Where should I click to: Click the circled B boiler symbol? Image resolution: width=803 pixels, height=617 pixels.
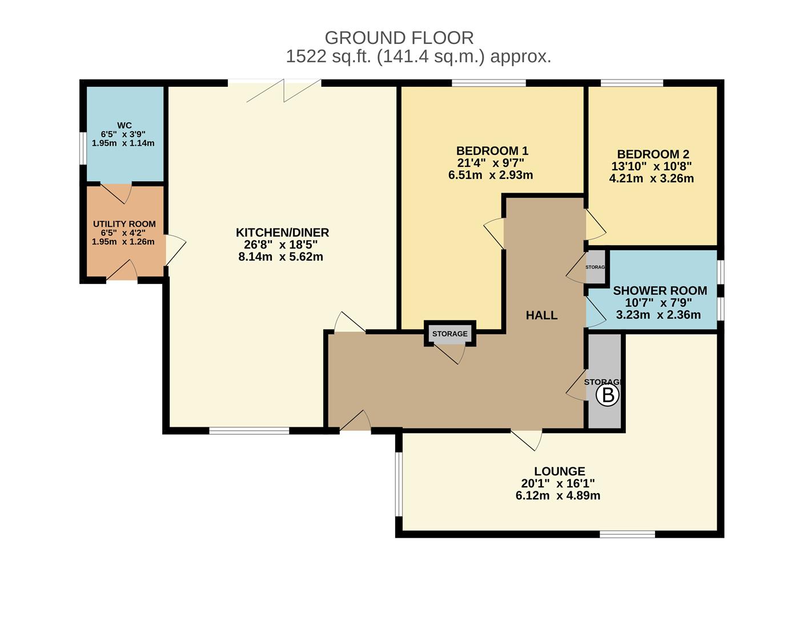(x=608, y=395)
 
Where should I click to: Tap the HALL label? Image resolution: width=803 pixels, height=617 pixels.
(x=541, y=315)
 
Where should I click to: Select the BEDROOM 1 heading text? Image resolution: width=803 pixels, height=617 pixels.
(x=492, y=151)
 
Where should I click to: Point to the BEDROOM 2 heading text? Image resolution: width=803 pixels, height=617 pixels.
(x=653, y=154)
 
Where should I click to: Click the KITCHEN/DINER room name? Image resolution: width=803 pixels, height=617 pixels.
(x=282, y=233)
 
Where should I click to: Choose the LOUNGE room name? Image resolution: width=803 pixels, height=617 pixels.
(x=559, y=471)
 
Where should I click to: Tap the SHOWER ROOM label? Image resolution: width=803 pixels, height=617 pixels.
(x=660, y=291)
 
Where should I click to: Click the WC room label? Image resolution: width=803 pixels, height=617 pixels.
(x=124, y=126)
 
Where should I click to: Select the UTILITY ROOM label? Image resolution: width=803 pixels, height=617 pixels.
(x=124, y=224)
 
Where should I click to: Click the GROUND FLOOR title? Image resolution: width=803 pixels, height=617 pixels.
(x=399, y=38)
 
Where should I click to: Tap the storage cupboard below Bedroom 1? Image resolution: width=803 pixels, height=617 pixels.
(x=449, y=334)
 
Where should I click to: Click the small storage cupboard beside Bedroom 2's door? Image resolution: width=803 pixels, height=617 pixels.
(x=596, y=267)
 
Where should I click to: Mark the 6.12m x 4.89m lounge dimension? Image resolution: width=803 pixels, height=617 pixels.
(x=557, y=496)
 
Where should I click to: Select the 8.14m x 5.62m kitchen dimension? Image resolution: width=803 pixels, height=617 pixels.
(x=280, y=257)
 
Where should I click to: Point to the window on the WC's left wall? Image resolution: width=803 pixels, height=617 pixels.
(x=83, y=149)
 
